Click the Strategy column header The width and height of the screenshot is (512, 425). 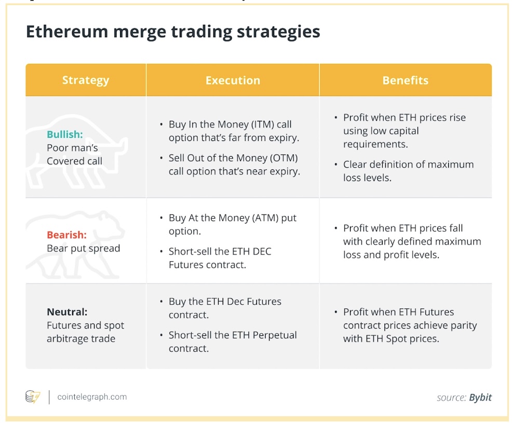click(86, 80)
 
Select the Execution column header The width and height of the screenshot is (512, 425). click(233, 80)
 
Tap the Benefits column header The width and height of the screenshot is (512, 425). click(405, 80)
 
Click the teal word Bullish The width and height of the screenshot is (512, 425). click(65, 134)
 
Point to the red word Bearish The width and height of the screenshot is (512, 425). click(66, 235)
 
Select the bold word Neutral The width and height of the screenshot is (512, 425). click(67, 312)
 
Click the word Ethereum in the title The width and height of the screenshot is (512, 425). click(67, 32)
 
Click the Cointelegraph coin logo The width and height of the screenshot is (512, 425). click(33, 396)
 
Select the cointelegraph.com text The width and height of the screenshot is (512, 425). click(92, 397)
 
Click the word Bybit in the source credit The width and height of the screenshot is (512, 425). click(480, 398)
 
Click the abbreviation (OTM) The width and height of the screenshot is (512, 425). click(284, 158)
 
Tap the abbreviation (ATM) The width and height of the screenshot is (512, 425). click(266, 218)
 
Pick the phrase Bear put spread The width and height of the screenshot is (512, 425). click(83, 248)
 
